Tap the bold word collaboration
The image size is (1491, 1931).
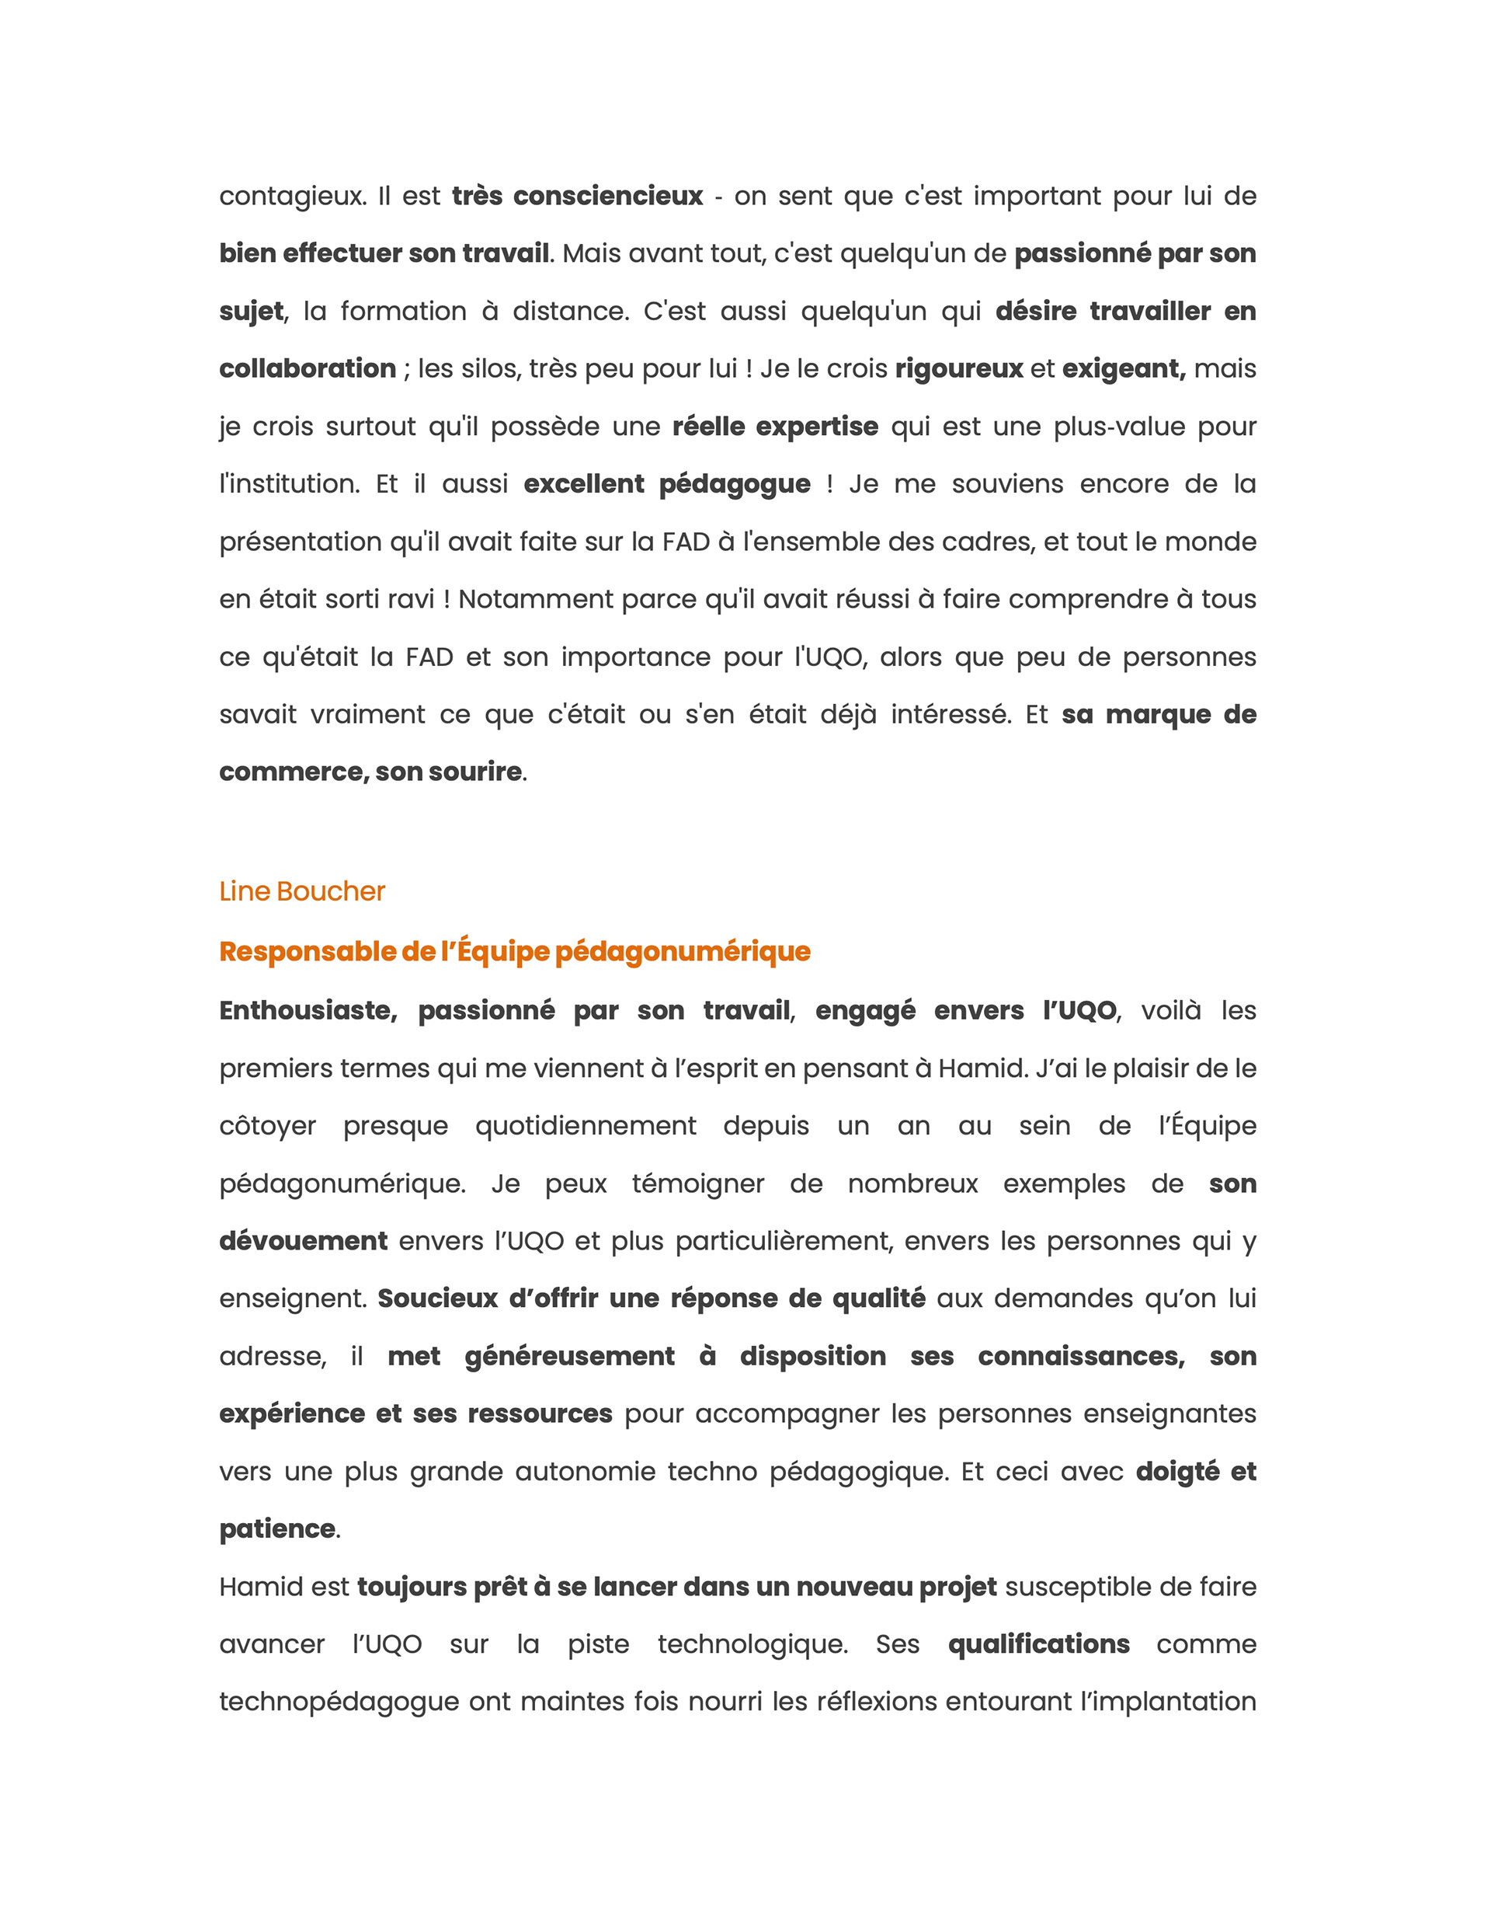(307, 368)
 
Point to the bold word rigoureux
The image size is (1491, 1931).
(958, 368)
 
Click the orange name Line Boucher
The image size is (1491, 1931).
(301, 891)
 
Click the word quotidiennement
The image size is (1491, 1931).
(585, 1125)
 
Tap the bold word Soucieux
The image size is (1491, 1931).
(437, 1298)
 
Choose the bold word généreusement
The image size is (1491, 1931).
(569, 1356)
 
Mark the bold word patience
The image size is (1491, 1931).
(276, 1528)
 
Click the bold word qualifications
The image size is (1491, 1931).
(1038, 1643)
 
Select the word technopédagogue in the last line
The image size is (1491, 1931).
(339, 1702)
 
